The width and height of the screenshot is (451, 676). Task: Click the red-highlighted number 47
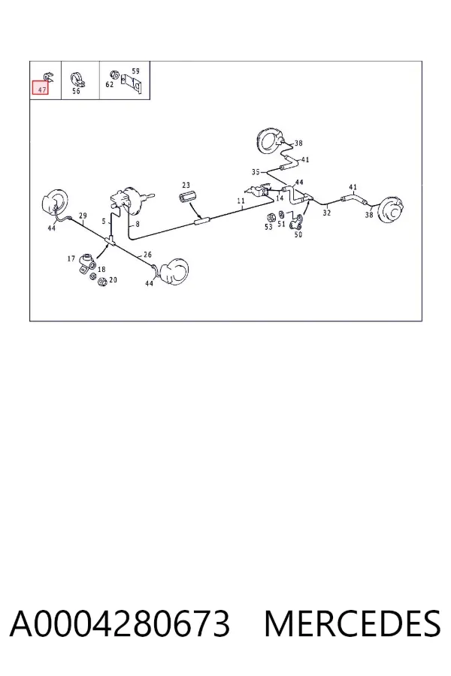tap(42, 89)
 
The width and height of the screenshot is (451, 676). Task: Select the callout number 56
tap(76, 91)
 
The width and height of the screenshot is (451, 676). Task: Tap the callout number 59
tap(135, 71)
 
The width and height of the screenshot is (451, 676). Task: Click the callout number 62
tap(110, 84)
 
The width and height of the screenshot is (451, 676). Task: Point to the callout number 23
tap(186, 185)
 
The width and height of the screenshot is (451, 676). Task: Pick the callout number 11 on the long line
tap(241, 201)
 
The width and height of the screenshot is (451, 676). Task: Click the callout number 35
tap(256, 172)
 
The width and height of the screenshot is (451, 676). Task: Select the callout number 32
tap(327, 213)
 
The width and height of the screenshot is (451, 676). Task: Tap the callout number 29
tap(83, 216)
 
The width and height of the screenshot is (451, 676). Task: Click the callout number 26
tap(147, 255)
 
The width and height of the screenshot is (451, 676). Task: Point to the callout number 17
tap(71, 258)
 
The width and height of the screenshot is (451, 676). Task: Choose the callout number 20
tap(113, 280)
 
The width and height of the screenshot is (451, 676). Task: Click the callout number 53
tap(268, 227)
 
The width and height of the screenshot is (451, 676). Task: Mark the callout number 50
tap(298, 234)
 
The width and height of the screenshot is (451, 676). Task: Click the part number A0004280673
tap(120, 624)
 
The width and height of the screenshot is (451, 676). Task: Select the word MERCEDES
tap(353, 624)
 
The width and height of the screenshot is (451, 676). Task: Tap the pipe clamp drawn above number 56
tap(77, 79)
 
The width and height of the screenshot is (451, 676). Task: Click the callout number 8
tap(138, 224)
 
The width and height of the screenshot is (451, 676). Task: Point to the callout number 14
tap(280, 198)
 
